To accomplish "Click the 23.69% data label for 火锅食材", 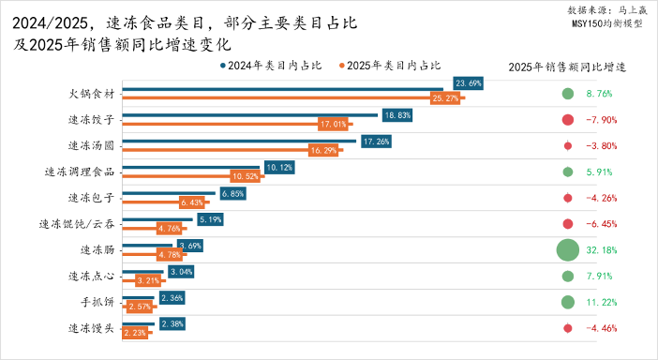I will (469, 83).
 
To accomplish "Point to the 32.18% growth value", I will (599, 250).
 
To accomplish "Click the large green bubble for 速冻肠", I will (567, 250).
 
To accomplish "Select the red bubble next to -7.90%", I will (567, 120).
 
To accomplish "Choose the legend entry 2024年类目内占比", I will (271, 66).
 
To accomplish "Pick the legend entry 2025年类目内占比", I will (392, 66).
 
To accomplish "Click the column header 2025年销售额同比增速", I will (567, 67).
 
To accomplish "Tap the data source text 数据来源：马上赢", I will (606, 10).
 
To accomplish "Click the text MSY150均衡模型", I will (606, 24).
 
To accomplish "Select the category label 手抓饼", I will (97, 303).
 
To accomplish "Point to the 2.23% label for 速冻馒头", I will (136, 332).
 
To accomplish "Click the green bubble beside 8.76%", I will (567, 94).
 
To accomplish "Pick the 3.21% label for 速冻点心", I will (149, 280).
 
